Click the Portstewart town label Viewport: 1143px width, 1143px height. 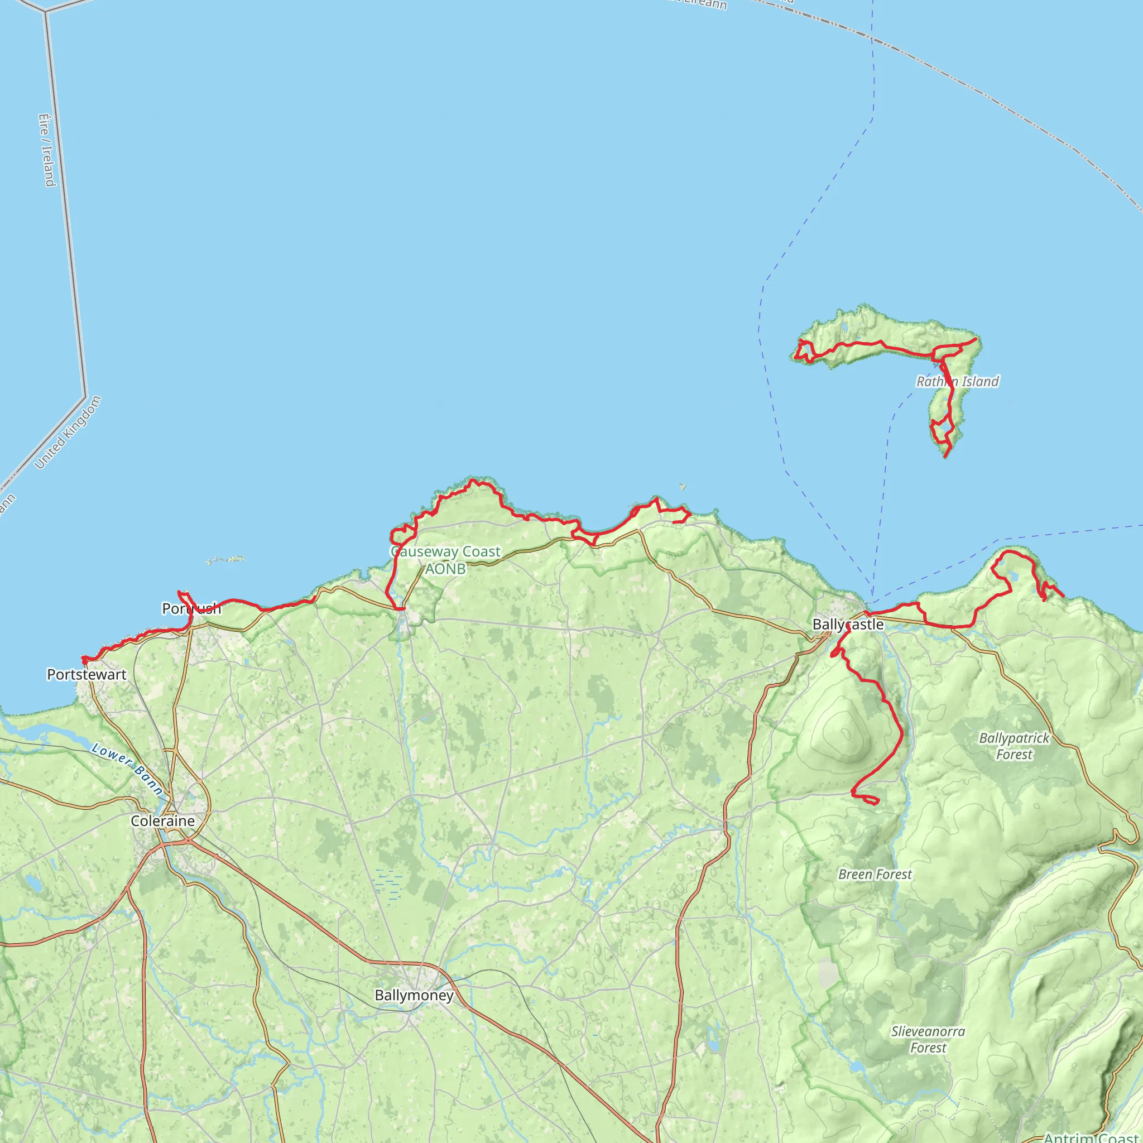(87, 674)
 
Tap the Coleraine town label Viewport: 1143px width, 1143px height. (163, 820)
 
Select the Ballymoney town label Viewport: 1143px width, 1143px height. (414, 995)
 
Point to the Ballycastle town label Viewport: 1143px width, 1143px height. (848, 624)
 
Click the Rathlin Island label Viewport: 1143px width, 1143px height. (957, 382)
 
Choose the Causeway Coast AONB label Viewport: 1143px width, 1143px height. (445, 560)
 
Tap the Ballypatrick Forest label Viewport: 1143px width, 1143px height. (1014, 746)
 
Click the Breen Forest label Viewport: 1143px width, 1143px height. (875, 875)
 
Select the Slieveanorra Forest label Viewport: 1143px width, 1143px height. (928, 1039)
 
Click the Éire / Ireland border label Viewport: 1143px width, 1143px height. (47, 150)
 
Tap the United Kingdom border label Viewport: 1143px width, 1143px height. (68, 433)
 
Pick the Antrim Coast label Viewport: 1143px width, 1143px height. (1092, 1137)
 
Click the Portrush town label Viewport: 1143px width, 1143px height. (191, 608)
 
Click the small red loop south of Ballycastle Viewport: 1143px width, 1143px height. (867, 799)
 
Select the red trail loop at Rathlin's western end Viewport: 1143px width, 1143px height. (805, 350)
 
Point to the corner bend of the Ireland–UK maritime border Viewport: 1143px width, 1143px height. (85, 396)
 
